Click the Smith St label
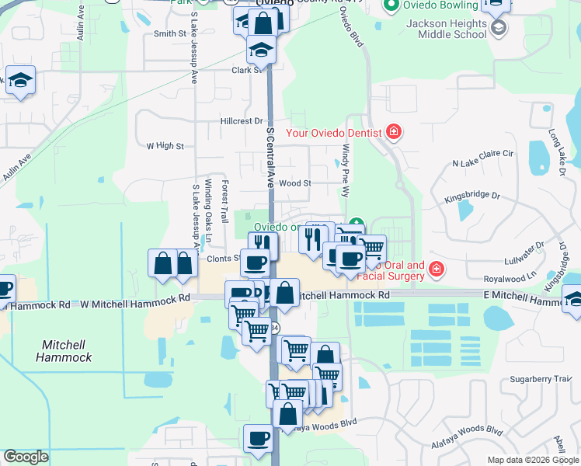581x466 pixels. tap(171, 33)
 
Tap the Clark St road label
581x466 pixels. tap(247, 70)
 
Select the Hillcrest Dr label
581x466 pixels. tap(242, 121)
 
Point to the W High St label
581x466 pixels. tap(165, 145)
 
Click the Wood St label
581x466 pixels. tap(295, 183)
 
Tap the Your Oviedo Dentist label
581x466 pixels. tap(334, 132)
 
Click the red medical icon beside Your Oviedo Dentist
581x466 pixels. tap(394, 131)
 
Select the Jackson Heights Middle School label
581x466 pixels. tap(446, 29)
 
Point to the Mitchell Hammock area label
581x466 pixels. tap(64, 351)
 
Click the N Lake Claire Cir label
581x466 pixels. tap(483, 164)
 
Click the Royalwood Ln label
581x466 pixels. tap(510, 276)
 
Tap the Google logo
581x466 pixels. tap(26, 457)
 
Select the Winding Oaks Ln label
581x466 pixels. tap(208, 210)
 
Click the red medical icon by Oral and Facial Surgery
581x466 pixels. tap(437, 270)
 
